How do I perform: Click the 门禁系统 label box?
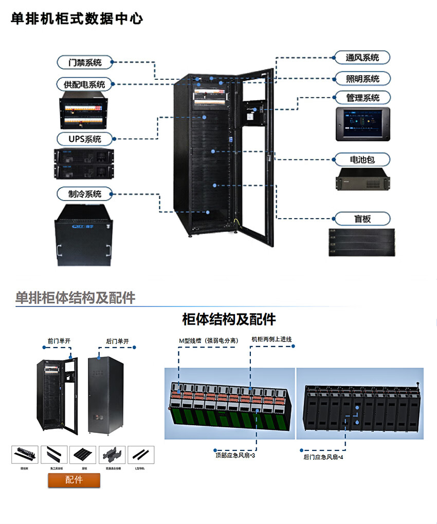click(85, 63)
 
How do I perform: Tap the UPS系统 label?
click(85, 139)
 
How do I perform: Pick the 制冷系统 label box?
click(85, 194)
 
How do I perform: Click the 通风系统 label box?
click(362, 58)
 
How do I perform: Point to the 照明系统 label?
click(362, 79)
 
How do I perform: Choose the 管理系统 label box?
click(362, 98)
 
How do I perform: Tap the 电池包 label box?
click(362, 159)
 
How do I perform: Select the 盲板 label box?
click(362, 219)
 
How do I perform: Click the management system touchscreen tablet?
click(362, 124)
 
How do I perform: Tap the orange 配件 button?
click(74, 480)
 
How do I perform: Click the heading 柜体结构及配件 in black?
click(229, 319)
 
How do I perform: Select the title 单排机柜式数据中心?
click(77, 19)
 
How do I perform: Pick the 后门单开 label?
click(117, 341)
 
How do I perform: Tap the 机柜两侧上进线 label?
click(271, 339)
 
